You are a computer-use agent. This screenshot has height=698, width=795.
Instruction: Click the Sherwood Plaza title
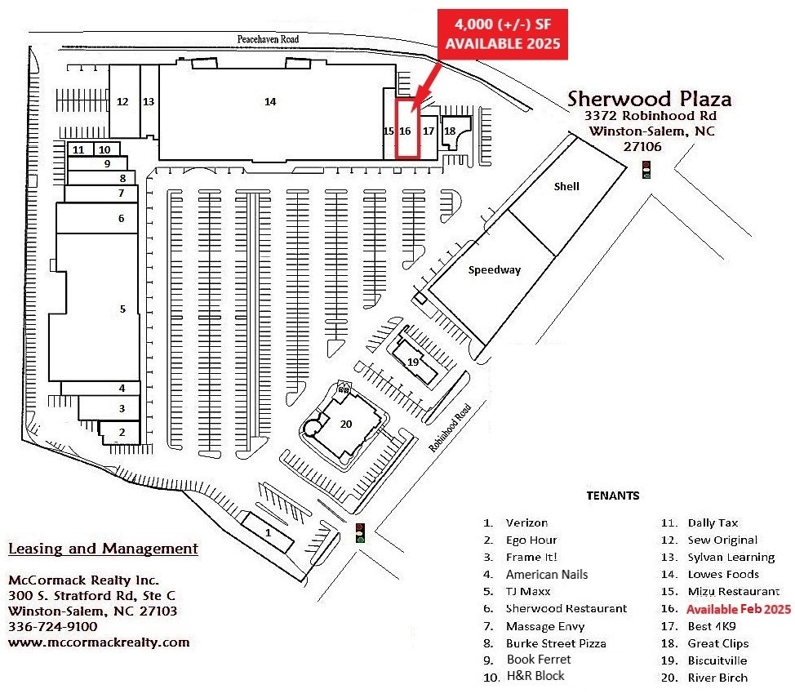650,100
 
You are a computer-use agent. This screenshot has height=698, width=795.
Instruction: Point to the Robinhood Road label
451,428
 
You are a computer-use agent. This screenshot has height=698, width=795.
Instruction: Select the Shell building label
566,186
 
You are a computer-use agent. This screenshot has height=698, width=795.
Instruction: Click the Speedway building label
495,270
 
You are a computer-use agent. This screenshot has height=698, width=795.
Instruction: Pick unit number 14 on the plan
270,101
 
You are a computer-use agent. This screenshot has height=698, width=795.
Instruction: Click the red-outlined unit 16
406,130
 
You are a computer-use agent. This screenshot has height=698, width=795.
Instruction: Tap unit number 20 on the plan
346,423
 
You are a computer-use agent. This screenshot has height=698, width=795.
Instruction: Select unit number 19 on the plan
413,361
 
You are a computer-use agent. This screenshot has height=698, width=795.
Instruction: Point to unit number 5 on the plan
122,309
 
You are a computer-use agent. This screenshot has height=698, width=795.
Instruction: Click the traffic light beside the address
646,169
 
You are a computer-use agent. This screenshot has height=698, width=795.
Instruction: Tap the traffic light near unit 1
360,532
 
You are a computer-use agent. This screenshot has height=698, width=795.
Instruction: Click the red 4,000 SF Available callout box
503,35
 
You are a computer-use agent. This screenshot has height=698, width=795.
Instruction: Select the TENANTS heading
613,496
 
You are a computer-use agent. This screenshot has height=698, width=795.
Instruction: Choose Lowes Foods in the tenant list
722,575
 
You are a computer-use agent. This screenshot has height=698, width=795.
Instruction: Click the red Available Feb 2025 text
738,609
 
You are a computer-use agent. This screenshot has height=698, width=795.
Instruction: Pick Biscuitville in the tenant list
717,660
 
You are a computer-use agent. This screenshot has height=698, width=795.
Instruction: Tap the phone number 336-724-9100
52,626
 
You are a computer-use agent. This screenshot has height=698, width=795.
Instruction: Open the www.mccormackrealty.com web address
99,642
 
